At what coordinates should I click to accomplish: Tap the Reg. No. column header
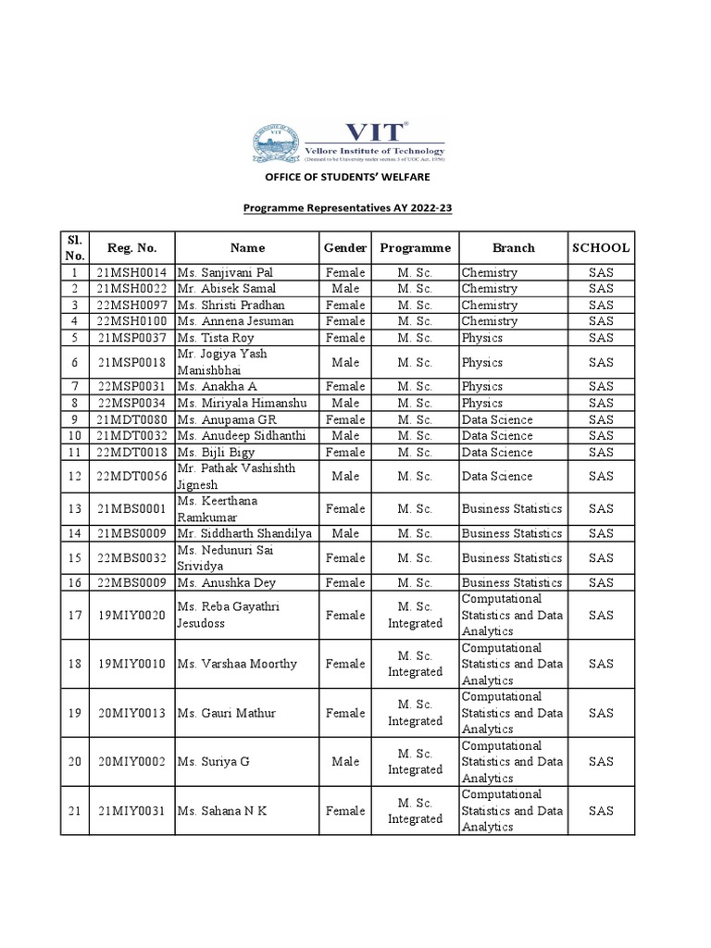(x=132, y=247)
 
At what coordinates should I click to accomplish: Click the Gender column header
(x=345, y=247)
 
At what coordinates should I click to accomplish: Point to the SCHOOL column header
(x=601, y=247)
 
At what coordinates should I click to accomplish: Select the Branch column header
(x=513, y=247)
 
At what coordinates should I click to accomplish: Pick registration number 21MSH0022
(x=132, y=289)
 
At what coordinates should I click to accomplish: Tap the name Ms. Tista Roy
(x=215, y=338)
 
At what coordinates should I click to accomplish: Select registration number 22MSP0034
(x=132, y=404)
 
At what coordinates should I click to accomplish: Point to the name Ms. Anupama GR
(x=225, y=419)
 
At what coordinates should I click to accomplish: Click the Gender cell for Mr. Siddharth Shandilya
(x=345, y=533)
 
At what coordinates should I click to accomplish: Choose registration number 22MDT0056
(x=132, y=477)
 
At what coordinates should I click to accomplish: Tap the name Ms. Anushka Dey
(x=225, y=582)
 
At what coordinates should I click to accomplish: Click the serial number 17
(x=75, y=615)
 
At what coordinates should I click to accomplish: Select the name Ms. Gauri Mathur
(x=227, y=713)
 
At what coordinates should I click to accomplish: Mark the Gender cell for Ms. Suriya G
(x=345, y=762)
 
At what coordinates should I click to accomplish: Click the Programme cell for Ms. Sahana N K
(x=415, y=811)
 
